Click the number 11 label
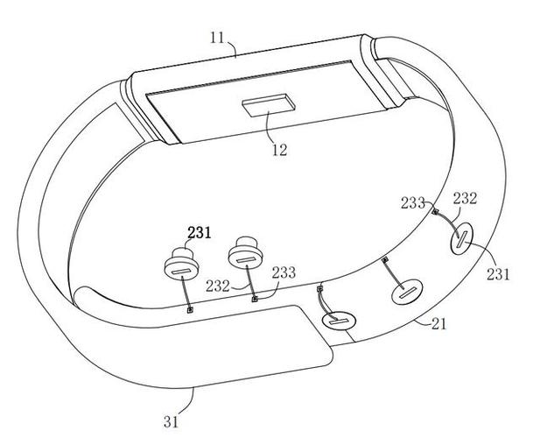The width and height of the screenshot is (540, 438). pyautogui.click(x=217, y=38)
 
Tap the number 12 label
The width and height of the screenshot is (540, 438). pyautogui.click(x=279, y=150)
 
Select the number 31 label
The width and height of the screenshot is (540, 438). pyautogui.click(x=172, y=421)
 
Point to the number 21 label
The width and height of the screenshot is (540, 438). pyautogui.click(x=439, y=324)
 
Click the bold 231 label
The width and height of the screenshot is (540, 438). pyautogui.click(x=199, y=233)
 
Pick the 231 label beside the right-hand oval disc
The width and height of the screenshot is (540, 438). pyautogui.click(x=498, y=274)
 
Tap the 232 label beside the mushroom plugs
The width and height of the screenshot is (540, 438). pyautogui.click(x=218, y=286)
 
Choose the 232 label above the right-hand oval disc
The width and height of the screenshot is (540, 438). pyautogui.click(x=465, y=199)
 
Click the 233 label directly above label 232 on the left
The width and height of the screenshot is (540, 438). pyautogui.click(x=284, y=272)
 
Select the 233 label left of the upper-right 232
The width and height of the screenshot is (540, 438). pyautogui.click(x=413, y=203)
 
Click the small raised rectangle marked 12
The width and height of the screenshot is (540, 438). pyautogui.click(x=269, y=105)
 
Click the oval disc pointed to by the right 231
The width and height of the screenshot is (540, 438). pyautogui.click(x=461, y=238)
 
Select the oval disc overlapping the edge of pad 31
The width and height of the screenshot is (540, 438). pyautogui.click(x=339, y=321)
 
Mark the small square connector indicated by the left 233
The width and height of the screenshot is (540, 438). pyautogui.click(x=255, y=299)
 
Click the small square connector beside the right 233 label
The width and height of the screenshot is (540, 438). pyautogui.click(x=435, y=212)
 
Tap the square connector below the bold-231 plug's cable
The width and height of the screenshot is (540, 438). pyautogui.click(x=190, y=310)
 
